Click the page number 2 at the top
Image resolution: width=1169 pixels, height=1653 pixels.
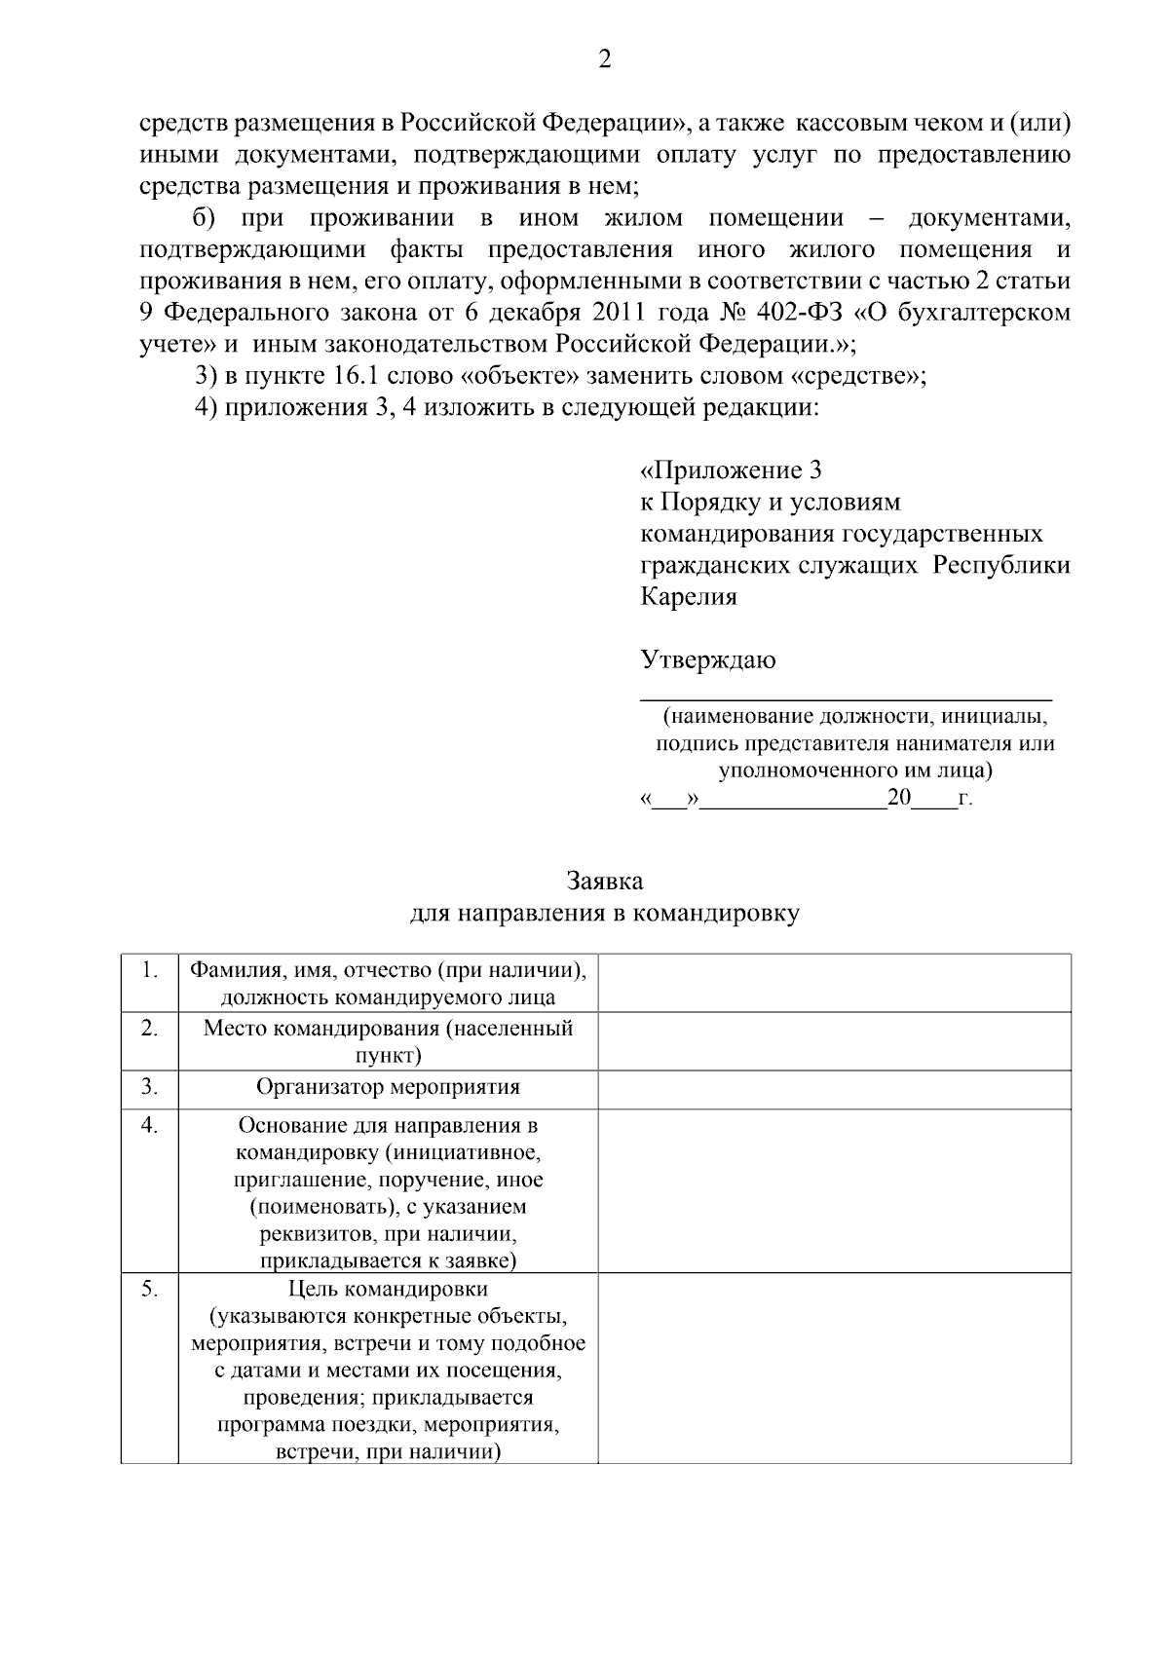[x=604, y=60]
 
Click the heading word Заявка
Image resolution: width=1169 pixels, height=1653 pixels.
[x=604, y=882]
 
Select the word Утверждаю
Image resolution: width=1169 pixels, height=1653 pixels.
[x=707, y=660]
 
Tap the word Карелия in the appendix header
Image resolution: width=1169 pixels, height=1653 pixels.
[x=688, y=597]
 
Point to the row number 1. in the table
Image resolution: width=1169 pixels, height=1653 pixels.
[x=149, y=970]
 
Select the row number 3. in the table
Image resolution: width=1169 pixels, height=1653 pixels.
[x=149, y=1086]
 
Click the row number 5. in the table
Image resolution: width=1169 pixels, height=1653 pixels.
[x=149, y=1289]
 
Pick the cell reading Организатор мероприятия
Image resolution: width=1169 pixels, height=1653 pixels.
[x=388, y=1087]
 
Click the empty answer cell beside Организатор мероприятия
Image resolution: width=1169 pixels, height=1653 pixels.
[x=834, y=1089]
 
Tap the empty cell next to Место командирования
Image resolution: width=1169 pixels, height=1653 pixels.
[x=834, y=1041]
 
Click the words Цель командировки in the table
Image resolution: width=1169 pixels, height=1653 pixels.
[x=388, y=1289]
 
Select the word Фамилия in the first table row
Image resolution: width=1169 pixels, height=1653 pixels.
[x=230, y=970]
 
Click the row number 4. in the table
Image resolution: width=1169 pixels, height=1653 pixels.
[x=149, y=1125]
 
